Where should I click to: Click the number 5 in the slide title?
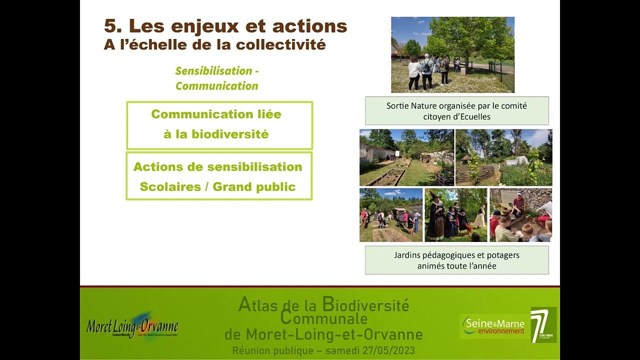pyautogui.click(x=110, y=26)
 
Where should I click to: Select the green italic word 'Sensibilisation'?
pyautogui.click(x=213, y=71)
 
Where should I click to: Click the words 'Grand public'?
pyautogui.click(x=254, y=187)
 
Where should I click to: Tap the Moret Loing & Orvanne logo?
pyautogui.click(x=132, y=326)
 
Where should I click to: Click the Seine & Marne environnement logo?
pyautogui.click(x=493, y=325)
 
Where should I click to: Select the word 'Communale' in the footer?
pyautogui.click(x=324, y=318)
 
